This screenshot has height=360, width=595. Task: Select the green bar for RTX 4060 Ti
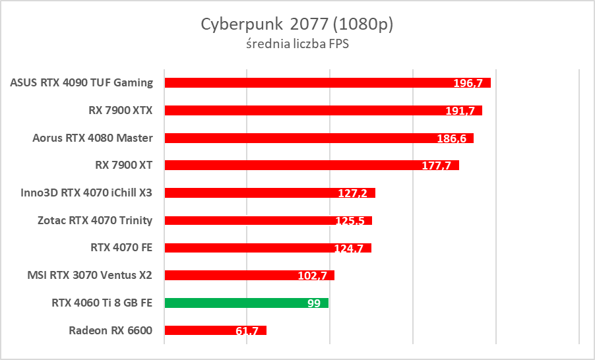246,303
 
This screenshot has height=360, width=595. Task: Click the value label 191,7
460,111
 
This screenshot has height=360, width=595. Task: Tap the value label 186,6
451,138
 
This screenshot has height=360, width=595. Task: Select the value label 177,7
436,165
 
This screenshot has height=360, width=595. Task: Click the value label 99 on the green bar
313,303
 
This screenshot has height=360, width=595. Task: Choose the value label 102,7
312,276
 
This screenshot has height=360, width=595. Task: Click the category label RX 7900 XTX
121,110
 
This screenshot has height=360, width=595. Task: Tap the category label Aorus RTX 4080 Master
92,138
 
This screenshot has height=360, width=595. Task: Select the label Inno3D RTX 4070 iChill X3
87,193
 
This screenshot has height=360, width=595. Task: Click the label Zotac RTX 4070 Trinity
96,220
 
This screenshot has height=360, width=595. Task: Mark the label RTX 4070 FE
121,248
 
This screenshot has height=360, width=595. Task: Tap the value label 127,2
353,193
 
